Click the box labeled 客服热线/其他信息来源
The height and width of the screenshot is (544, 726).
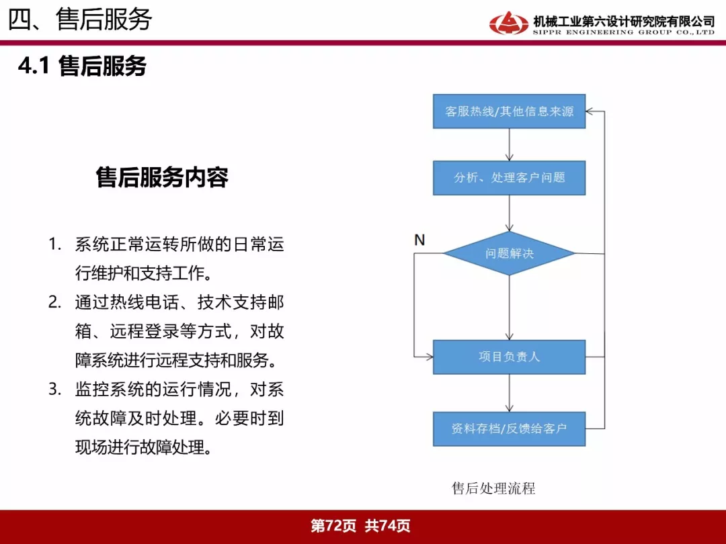click(509, 111)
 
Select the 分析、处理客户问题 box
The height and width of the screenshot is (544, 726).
click(509, 178)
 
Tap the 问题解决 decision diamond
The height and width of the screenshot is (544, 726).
click(510, 253)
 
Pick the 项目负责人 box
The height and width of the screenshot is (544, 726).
click(509, 357)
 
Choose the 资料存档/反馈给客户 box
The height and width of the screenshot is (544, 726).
click(509, 428)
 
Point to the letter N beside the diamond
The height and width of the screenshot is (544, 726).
click(419, 240)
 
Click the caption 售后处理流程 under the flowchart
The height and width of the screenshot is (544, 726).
click(493, 488)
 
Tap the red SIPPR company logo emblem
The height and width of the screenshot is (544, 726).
click(508, 23)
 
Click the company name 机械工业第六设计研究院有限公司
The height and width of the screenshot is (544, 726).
click(624, 21)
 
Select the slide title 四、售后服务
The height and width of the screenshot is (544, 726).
click(80, 19)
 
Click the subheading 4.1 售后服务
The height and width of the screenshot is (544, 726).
click(83, 66)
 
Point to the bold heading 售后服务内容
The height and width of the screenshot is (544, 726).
click(162, 177)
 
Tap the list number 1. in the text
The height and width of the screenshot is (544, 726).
click(55, 244)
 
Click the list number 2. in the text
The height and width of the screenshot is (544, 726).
click(55, 302)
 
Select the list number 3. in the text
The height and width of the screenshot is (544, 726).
click(55, 390)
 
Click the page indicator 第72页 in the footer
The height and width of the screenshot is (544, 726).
click(333, 526)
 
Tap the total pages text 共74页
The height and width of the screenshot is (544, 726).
click(388, 526)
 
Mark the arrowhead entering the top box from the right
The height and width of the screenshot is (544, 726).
click(589, 111)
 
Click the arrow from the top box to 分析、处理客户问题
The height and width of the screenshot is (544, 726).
click(510, 145)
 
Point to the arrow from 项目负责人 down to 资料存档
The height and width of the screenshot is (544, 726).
click(510, 393)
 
